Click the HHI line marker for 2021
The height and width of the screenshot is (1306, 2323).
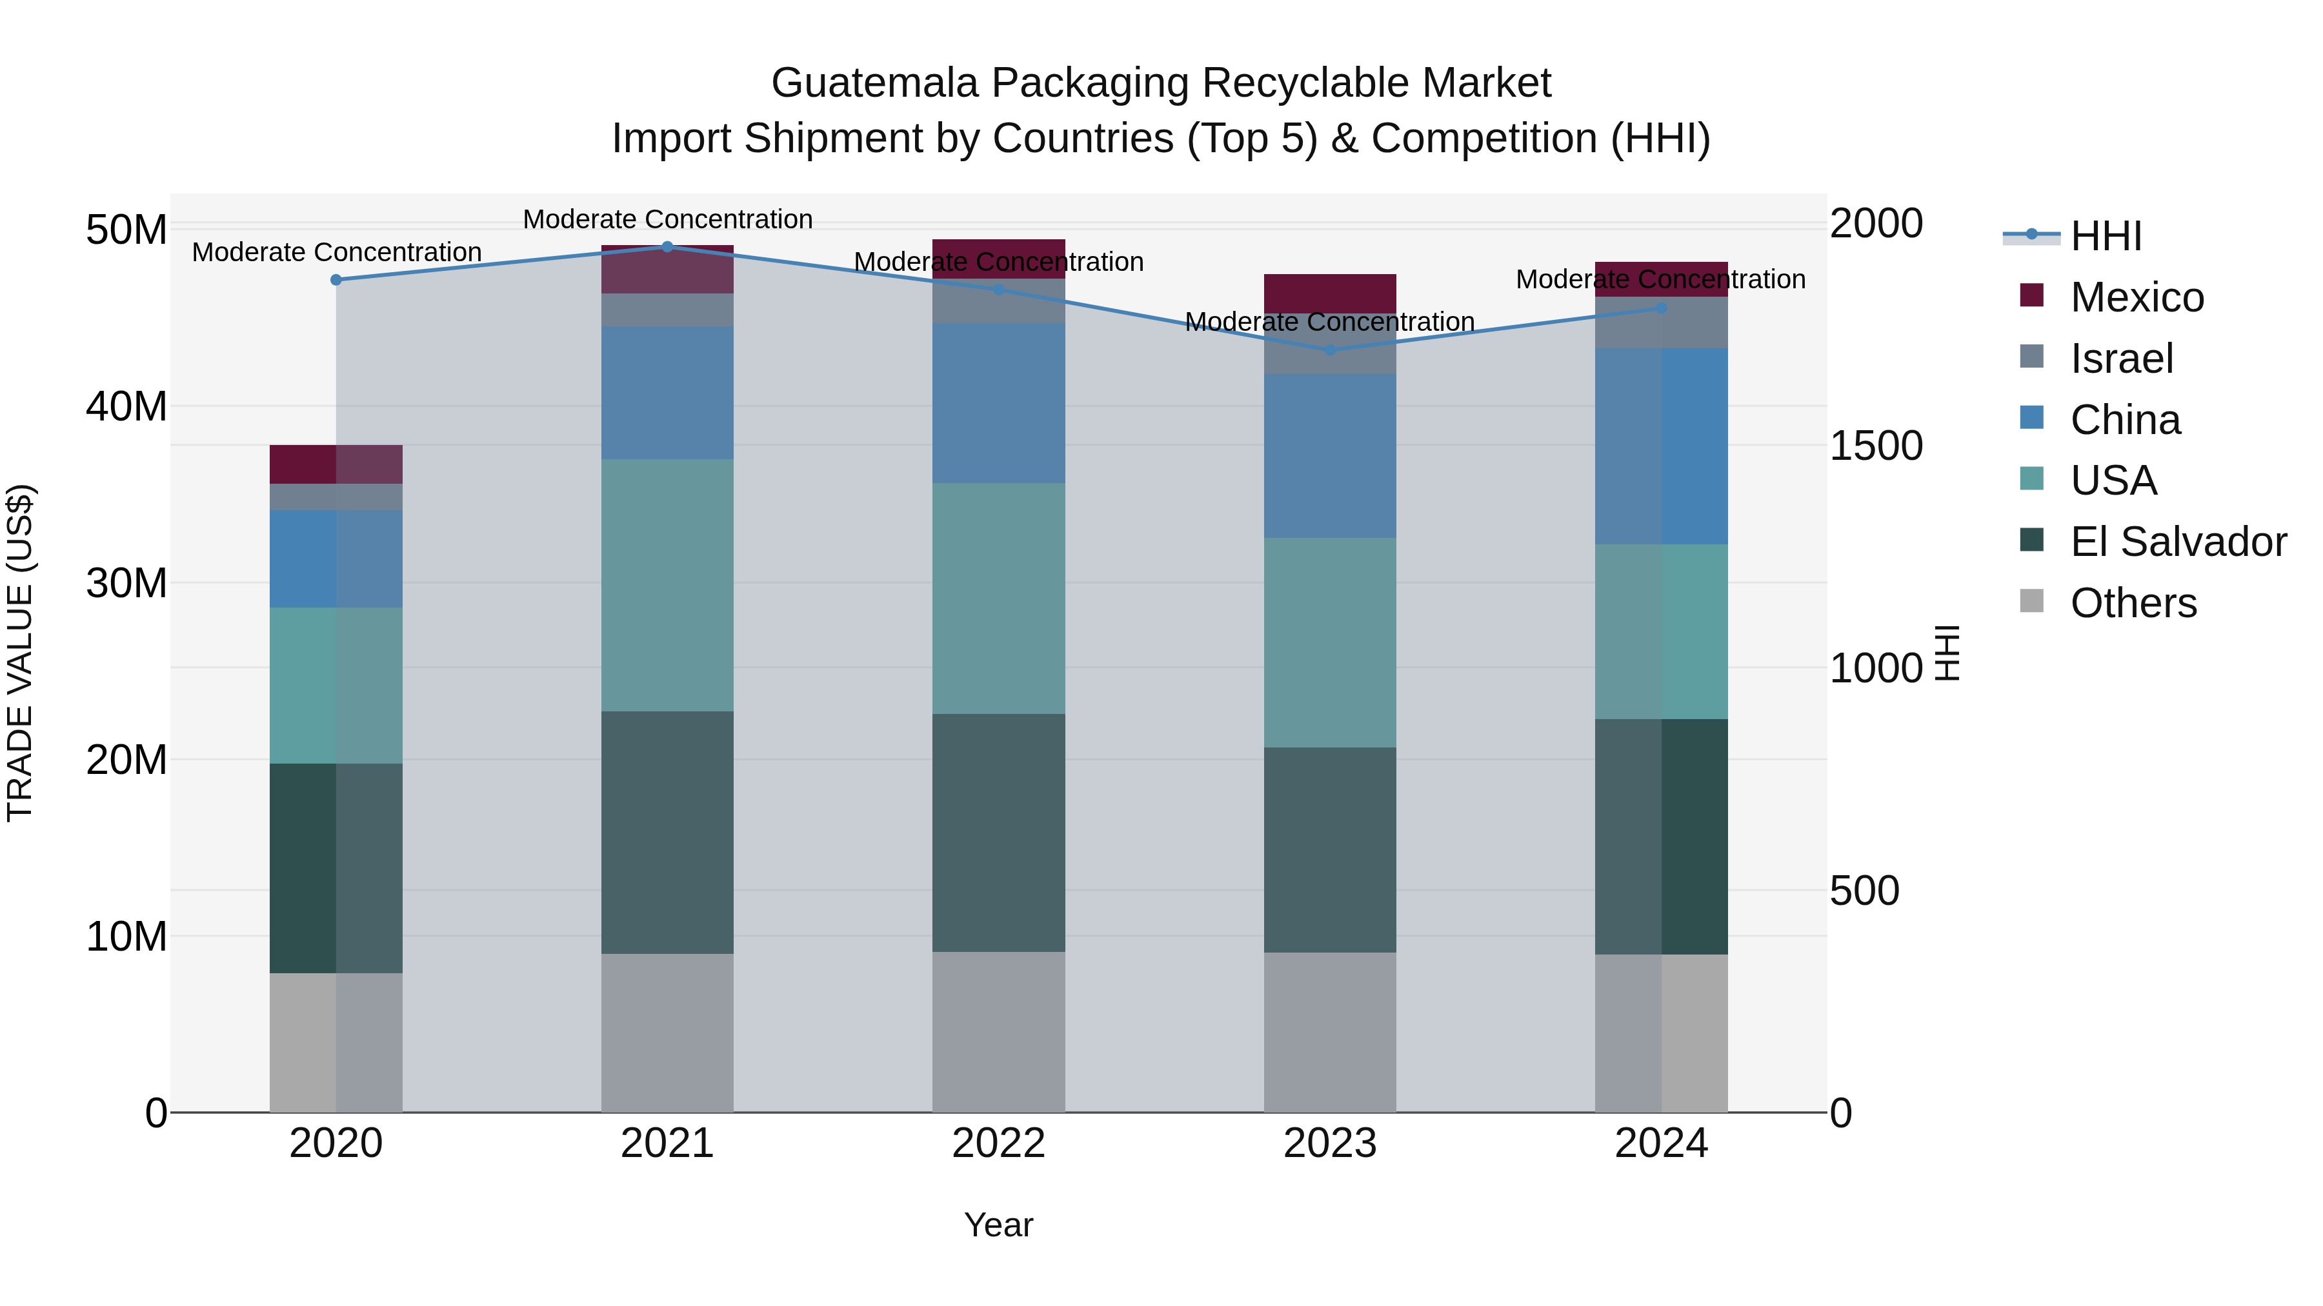[x=667, y=247]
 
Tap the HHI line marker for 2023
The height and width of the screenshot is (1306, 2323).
[x=1330, y=350]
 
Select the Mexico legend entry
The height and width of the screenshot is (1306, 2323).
[x=2137, y=297]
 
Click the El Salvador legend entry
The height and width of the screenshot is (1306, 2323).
[x=2177, y=542]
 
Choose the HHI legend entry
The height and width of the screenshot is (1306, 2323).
[x=2105, y=236]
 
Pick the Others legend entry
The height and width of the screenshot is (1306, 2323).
[x=2133, y=603]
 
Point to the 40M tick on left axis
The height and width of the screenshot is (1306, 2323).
[x=126, y=406]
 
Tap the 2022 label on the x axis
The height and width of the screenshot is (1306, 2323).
[x=998, y=1143]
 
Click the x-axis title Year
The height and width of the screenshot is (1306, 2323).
[x=998, y=1225]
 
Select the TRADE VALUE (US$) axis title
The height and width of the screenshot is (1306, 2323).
[x=20, y=653]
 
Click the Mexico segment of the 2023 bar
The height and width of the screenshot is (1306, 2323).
[x=1330, y=293]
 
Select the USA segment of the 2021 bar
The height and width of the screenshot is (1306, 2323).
[x=667, y=585]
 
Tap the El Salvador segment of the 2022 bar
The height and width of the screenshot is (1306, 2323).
[x=998, y=833]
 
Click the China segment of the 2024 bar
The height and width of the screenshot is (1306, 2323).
[x=1661, y=446]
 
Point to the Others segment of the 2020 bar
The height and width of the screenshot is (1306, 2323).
[x=336, y=1042]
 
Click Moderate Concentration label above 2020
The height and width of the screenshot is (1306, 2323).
[x=336, y=252]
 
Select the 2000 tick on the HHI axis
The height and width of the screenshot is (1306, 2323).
[x=1876, y=224]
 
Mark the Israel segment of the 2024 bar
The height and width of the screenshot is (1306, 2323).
[x=1661, y=322]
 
